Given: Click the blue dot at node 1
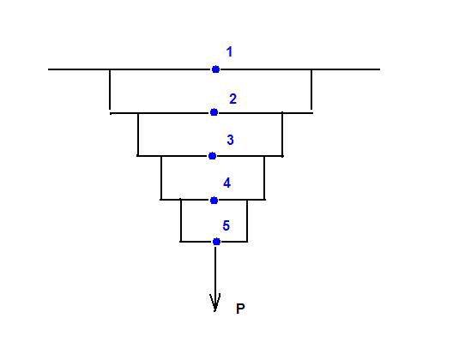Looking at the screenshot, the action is click(x=215, y=69).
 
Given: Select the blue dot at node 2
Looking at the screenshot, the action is click(x=214, y=112).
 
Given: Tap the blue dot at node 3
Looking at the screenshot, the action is click(x=213, y=156).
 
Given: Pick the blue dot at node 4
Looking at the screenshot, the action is click(x=214, y=201).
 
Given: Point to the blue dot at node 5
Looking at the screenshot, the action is click(x=216, y=242).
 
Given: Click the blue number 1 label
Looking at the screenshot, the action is click(x=229, y=51).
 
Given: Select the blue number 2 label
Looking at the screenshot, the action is click(x=233, y=99).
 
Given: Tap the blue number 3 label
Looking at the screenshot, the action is click(x=231, y=140).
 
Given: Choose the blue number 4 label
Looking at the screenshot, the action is click(x=226, y=183).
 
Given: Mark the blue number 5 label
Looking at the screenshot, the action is click(x=226, y=225).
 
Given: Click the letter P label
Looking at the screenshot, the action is click(x=240, y=309).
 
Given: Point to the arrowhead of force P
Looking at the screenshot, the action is click(x=215, y=311).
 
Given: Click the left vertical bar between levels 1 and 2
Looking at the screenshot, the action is click(x=110, y=92).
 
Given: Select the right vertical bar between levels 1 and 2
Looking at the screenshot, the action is click(x=311, y=91).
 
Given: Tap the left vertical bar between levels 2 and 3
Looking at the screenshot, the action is click(x=138, y=135).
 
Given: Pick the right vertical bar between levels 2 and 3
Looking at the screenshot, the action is click(x=282, y=135).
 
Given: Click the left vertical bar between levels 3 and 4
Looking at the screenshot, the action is click(x=161, y=177).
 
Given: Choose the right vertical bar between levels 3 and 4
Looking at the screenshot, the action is click(x=264, y=177).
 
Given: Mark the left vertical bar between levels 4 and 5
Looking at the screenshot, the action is click(x=181, y=220).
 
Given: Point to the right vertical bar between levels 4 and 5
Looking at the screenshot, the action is click(x=247, y=221).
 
